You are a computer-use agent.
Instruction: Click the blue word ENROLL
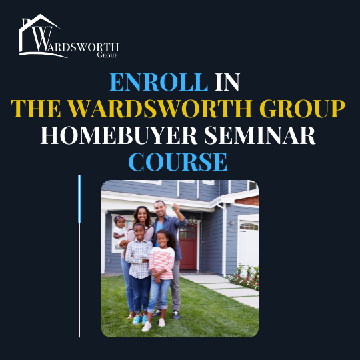point(159,82)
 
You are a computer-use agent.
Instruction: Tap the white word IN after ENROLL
point(227,82)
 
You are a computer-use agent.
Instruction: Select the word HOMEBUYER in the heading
point(119,135)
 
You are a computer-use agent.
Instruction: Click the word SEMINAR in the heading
point(260,135)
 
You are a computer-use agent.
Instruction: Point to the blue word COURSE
point(178,162)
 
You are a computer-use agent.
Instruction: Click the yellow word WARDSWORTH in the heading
point(160,109)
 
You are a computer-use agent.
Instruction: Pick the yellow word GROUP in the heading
point(303,109)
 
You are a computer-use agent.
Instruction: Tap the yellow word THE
point(35,109)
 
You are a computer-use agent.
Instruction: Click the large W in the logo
point(42,39)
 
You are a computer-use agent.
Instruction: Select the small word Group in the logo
point(107,55)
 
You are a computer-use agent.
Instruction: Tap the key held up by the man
point(173,207)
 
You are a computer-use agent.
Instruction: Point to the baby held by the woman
point(120,231)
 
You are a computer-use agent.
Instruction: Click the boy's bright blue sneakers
point(140,319)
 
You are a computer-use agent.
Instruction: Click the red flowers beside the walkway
point(245,279)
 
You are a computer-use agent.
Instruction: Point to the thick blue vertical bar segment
point(80,199)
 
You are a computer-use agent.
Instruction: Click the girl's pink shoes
point(153,325)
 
